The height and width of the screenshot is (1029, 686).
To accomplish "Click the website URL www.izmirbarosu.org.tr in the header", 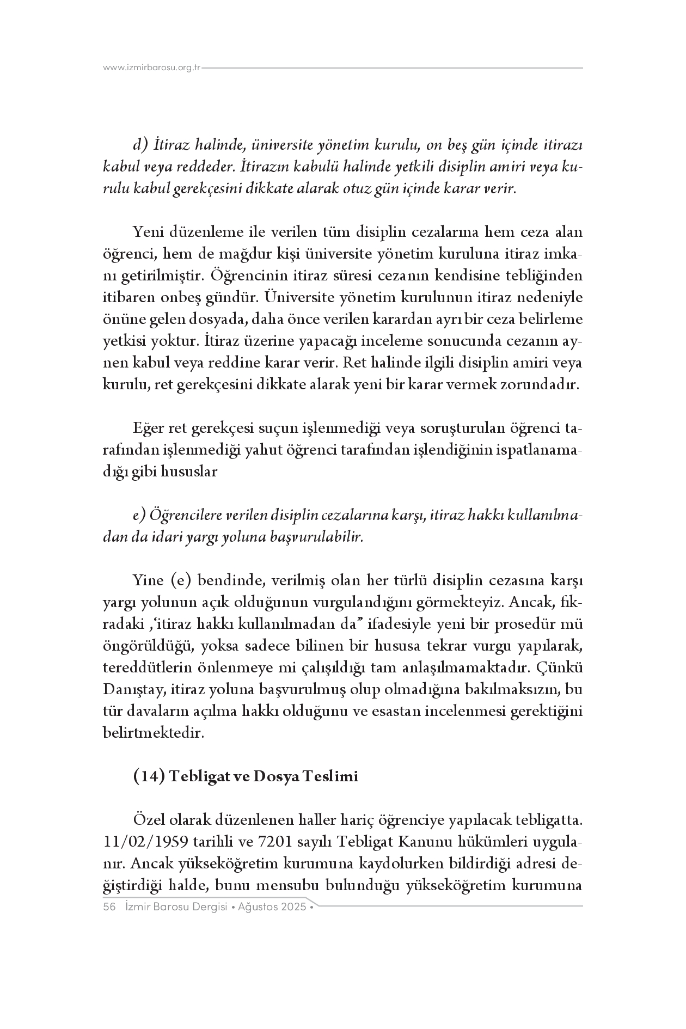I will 152,68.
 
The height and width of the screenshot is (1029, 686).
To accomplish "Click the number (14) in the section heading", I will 149,776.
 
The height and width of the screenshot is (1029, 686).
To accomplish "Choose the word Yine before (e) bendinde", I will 148,580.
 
